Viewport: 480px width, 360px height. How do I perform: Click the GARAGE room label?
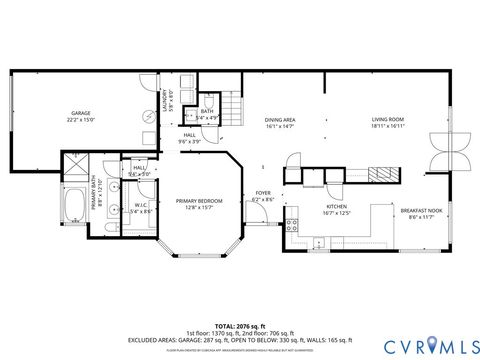point(80,116)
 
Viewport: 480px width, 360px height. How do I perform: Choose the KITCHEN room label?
point(336,209)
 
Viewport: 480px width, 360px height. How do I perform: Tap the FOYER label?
point(262,196)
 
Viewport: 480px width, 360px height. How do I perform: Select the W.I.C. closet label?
point(140,208)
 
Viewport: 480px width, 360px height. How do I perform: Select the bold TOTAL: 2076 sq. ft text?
point(239,326)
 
